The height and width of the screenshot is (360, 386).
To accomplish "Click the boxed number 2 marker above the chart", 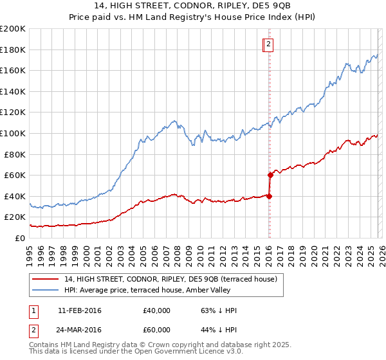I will [268, 44].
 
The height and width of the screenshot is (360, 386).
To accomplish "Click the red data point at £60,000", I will [270, 175].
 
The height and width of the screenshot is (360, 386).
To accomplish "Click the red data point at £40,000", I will [269, 196].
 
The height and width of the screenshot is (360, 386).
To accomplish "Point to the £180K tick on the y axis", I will [13, 50].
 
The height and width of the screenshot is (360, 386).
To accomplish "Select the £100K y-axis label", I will [13, 133].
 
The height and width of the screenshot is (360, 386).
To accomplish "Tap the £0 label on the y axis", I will [19, 238].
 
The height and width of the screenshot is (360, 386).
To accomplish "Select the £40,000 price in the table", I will [157, 310].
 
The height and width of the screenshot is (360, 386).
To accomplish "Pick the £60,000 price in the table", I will [157, 329].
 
